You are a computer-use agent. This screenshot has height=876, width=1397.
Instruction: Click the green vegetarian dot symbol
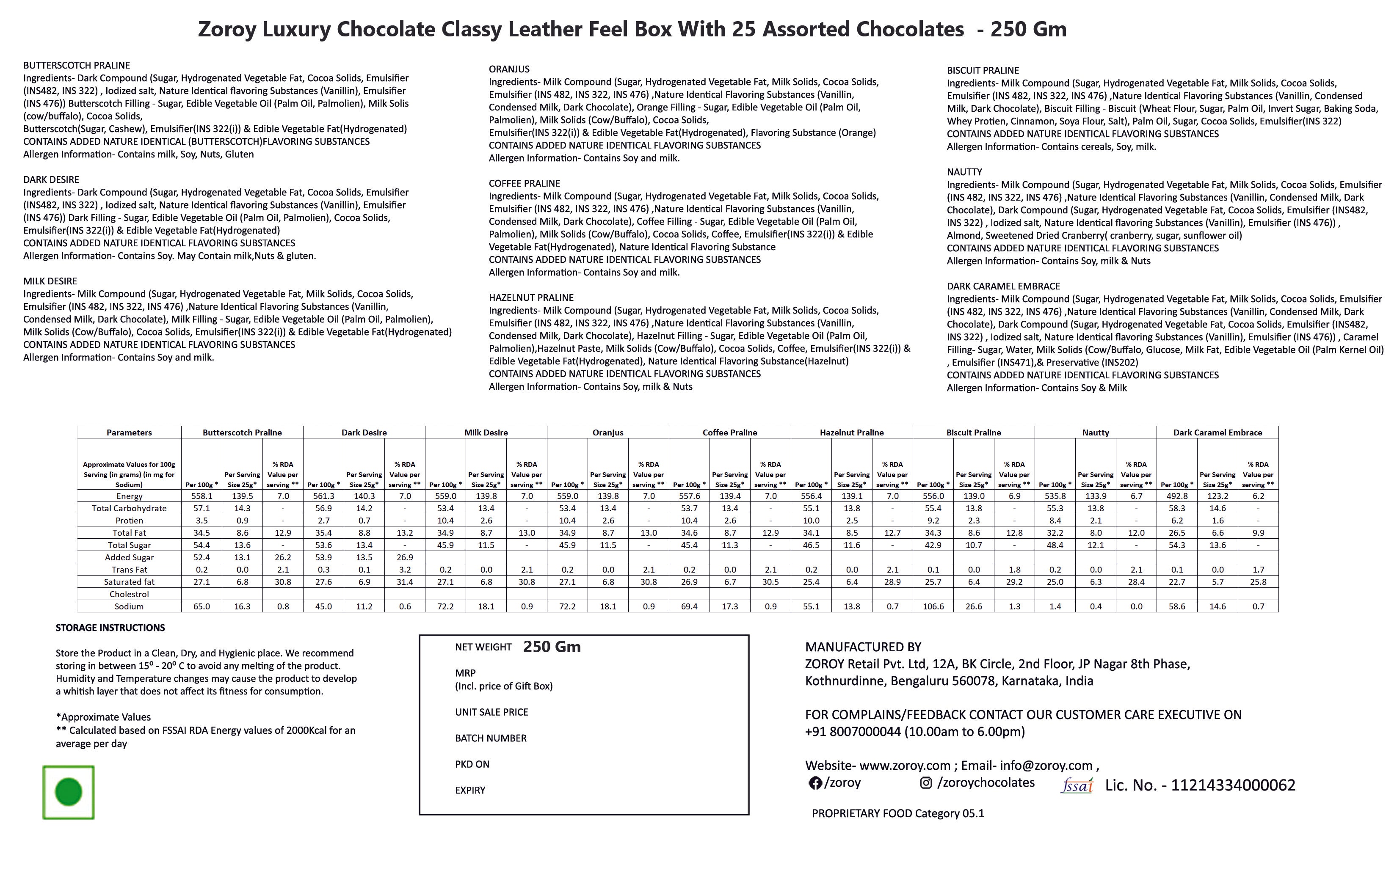pyautogui.click(x=69, y=792)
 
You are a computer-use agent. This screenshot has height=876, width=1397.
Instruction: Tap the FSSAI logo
pyautogui.click(x=1077, y=785)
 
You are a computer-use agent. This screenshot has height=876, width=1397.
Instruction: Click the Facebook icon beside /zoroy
pyautogui.click(x=814, y=783)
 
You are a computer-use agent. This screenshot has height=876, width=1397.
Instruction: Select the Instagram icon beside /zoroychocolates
pyautogui.click(x=926, y=783)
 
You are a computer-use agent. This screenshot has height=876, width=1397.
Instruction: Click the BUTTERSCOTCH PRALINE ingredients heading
pyautogui.click(x=77, y=66)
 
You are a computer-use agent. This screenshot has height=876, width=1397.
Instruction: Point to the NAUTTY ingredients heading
pyautogui.click(x=964, y=172)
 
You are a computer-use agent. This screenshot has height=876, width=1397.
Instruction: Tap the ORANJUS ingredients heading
pyautogui.click(x=509, y=69)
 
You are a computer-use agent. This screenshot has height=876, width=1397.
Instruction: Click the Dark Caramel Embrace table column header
pyautogui.click(x=1218, y=432)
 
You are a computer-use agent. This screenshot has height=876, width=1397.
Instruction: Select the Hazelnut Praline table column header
pyautogui.click(x=851, y=432)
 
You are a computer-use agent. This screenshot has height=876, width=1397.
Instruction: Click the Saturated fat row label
pyautogui.click(x=129, y=582)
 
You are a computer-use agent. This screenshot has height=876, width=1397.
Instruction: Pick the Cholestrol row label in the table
pyautogui.click(x=129, y=594)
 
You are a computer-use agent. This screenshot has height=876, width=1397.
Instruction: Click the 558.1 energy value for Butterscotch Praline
pyautogui.click(x=202, y=496)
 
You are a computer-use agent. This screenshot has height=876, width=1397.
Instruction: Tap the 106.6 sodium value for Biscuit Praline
pyautogui.click(x=933, y=606)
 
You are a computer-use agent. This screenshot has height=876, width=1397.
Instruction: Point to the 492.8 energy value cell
pyautogui.click(x=1177, y=496)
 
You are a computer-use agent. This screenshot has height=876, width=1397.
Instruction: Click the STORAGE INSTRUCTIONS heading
pyautogui.click(x=110, y=628)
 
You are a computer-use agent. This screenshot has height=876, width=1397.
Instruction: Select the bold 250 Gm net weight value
pyautogui.click(x=552, y=647)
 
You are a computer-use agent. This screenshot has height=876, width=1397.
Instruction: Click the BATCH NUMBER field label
pyautogui.click(x=491, y=738)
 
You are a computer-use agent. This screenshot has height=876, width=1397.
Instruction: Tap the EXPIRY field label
pyautogui.click(x=470, y=790)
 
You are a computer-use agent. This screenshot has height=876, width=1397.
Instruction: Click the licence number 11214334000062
pyautogui.click(x=1233, y=785)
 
